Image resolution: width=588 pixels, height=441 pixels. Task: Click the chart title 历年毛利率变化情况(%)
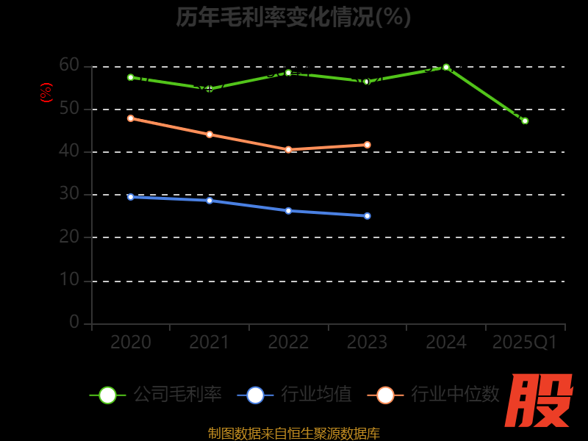(293, 16)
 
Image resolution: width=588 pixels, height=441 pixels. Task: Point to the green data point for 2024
(446, 67)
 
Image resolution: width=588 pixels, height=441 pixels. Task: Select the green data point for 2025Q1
(525, 121)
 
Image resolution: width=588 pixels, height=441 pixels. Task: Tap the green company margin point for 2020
(131, 77)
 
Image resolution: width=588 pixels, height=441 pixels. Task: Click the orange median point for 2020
(131, 118)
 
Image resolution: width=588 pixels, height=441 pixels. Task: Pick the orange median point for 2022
(288, 149)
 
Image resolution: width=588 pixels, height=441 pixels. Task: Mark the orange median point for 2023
(367, 145)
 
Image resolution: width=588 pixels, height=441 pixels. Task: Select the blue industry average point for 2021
(209, 200)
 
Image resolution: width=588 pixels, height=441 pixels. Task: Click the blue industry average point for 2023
(367, 216)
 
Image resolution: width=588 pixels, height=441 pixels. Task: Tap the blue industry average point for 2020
(131, 197)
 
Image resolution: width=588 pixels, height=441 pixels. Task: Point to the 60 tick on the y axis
(69, 65)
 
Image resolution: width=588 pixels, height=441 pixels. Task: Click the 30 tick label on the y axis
(69, 194)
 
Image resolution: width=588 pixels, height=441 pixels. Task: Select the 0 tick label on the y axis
(74, 322)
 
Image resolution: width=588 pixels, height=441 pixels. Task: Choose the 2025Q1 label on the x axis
(525, 343)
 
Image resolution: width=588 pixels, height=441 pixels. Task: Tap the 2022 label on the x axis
(288, 343)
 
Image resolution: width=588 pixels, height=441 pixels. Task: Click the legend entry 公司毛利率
(156, 395)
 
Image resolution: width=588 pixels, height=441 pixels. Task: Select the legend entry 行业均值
(294, 395)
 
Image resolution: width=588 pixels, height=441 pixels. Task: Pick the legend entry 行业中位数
(438, 395)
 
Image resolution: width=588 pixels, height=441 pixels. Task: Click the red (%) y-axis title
(46, 93)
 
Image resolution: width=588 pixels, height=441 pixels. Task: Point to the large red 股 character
(539, 401)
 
